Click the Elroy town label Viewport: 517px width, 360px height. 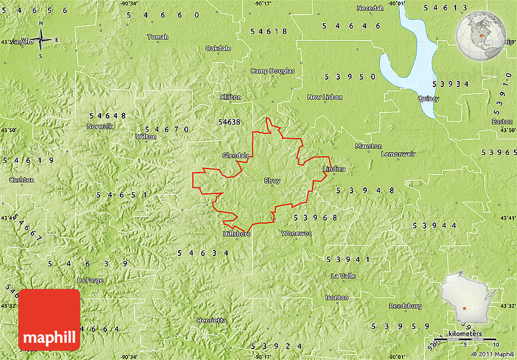coord(272,180)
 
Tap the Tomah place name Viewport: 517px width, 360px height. coord(157,37)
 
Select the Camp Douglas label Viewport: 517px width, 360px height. coord(272,71)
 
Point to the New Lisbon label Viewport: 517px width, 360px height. coord(325,97)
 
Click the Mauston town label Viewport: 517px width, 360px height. coord(369,147)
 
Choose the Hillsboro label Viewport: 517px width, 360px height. coord(237,234)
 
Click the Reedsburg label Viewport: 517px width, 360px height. coord(405,306)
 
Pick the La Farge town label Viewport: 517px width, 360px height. coord(90,280)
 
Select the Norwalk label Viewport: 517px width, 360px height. coord(100,126)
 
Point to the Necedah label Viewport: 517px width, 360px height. coord(370,8)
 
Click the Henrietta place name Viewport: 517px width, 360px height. coord(211,320)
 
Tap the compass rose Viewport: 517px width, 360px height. coord(41,40)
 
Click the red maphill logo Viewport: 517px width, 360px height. coord(49,320)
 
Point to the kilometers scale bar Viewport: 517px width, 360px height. coord(464,338)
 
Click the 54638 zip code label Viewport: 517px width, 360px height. coord(229,122)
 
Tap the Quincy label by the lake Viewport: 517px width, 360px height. coord(428,99)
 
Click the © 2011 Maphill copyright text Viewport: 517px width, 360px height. coord(493,354)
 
